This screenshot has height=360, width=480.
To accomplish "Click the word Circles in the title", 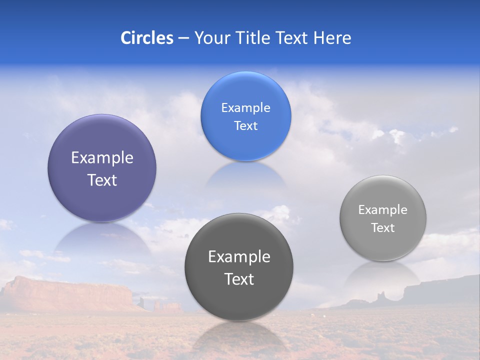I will point(146,38).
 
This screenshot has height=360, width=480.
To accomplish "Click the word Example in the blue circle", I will point(245,108).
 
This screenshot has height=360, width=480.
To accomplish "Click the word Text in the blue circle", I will point(245,126).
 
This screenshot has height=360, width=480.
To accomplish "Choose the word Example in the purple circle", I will point(102,158).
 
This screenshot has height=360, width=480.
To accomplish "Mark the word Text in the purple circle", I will point(102,180).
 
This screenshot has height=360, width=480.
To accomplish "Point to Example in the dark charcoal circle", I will point(239,257).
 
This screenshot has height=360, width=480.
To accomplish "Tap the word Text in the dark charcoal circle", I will point(239,279).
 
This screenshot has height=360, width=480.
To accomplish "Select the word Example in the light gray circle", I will point(382,210).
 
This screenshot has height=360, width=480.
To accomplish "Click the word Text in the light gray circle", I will point(382,228).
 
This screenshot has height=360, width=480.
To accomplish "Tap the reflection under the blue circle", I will point(245,175).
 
